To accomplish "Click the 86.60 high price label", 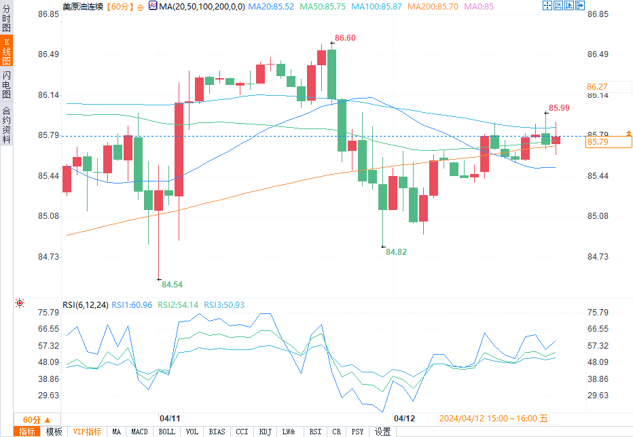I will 345,38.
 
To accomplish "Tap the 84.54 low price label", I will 172,284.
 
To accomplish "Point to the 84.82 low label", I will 397,251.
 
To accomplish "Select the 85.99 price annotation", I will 559,107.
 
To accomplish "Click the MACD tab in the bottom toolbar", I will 139,432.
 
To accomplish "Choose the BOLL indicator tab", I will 166,432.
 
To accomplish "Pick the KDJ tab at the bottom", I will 265,432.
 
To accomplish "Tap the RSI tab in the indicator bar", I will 315,432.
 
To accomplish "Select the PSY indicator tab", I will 357,432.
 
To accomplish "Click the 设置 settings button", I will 383,432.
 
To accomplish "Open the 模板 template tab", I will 54,432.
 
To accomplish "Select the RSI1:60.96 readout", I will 132,305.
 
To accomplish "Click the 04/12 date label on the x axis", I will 404,418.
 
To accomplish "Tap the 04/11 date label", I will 169,418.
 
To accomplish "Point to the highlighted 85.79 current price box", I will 609,141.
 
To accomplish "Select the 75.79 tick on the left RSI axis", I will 30,312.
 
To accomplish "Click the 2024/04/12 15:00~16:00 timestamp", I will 494,419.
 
